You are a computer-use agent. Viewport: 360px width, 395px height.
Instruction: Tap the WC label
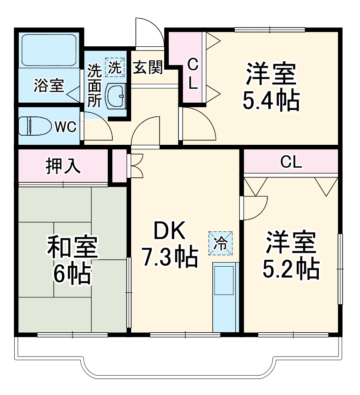pos(65,127)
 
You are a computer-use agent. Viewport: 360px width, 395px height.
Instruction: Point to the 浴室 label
pos(49,86)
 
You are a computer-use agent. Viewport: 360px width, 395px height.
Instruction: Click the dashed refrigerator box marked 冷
pos(221,243)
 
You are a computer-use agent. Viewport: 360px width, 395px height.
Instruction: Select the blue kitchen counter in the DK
pos(225,296)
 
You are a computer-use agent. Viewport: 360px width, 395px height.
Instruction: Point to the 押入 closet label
pos(63,167)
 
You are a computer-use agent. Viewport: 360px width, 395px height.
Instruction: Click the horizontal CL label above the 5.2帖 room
pos(291,162)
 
